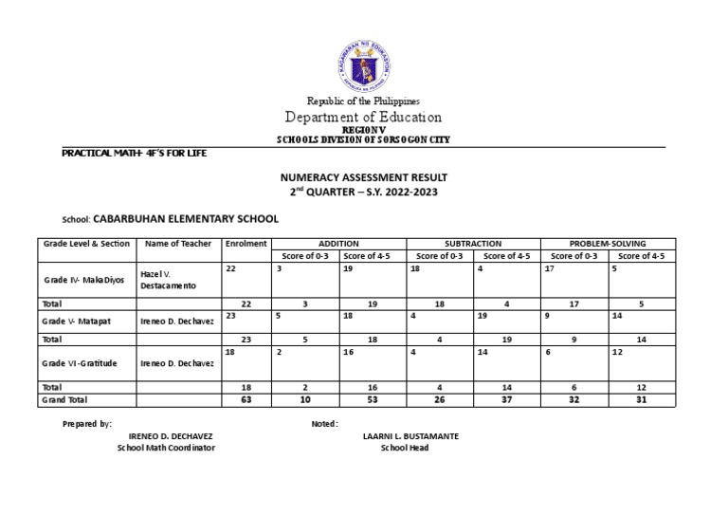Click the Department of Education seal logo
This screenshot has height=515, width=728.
coord(363,61)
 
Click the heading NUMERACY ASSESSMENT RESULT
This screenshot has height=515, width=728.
coord(363,177)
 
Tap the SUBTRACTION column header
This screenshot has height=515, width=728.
coord(473,244)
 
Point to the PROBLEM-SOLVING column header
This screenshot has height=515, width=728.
coord(608,244)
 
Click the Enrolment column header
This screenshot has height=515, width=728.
coord(246,244)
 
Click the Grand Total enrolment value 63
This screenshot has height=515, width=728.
coord(245,400)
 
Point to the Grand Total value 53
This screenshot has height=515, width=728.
coord(372,400)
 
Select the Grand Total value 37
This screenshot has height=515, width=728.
coord(506,400)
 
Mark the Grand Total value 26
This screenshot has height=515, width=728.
coord(439,400)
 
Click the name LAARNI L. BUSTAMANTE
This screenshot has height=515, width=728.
coord(410,436)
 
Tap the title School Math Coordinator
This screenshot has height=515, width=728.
coord(166,448)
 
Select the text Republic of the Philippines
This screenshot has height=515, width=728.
coord(363,101)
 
